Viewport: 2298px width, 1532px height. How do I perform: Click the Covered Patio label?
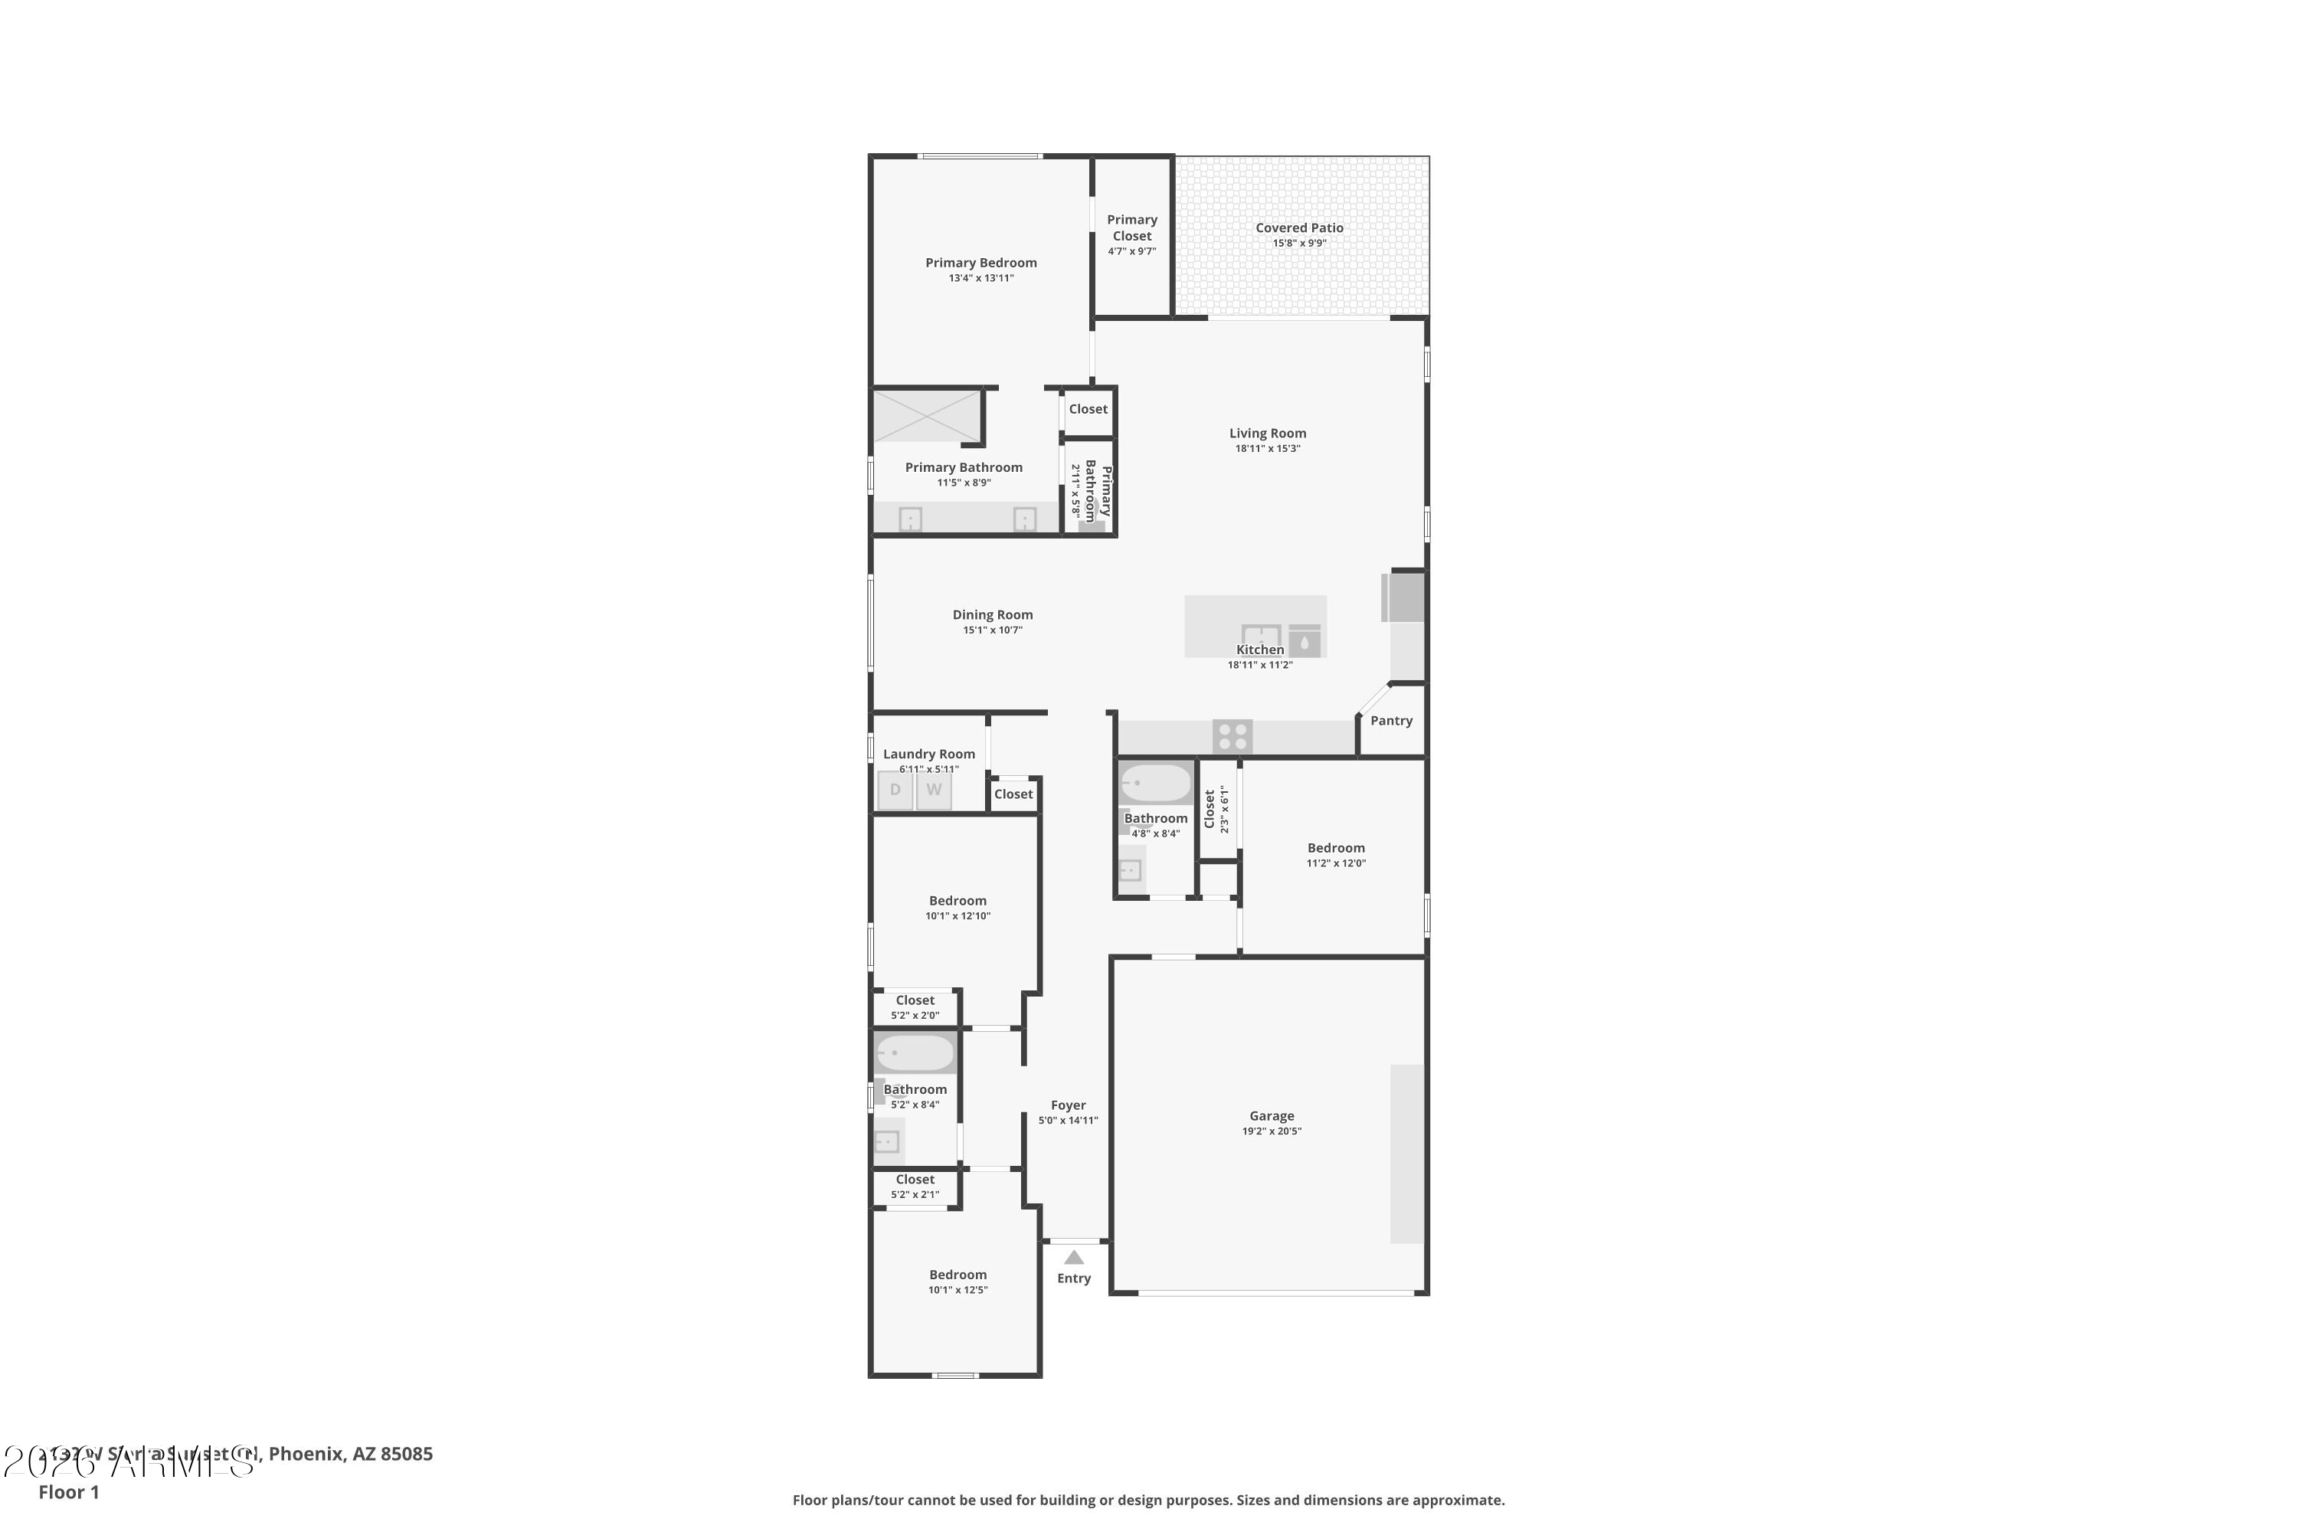click(1298, 228)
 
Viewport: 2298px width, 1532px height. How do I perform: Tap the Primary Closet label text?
click(1131, 228)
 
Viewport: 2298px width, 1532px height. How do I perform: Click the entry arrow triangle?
click(1074, 1258)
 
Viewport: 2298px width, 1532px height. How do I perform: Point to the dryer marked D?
click(895, 791)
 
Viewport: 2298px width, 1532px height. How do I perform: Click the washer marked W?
click(934, 791)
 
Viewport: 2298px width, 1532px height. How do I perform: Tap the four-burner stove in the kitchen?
click(1232, 735)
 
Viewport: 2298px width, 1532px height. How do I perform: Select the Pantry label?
click(1391, 721)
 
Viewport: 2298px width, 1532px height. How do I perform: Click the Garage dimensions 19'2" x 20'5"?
click(1271, 1131)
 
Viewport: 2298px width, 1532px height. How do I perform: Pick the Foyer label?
click(1068, 1105)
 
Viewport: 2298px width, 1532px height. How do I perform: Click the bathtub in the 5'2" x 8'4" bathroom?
click(915, 1053)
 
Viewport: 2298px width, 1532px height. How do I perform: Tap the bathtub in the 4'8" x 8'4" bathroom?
click(1156, 783)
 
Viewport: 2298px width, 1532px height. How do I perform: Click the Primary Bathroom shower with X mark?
click(926, 416)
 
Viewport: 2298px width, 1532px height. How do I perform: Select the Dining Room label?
click(993, 614)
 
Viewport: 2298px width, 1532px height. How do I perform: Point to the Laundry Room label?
click(928, 755)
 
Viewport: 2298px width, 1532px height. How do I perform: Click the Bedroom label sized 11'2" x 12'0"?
click(1336, 848)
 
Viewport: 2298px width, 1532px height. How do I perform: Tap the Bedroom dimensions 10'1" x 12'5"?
click(957, 1291)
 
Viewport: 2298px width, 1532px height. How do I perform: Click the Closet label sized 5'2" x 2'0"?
click(915, 1000)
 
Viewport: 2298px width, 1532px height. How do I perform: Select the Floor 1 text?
click(68, 1492)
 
